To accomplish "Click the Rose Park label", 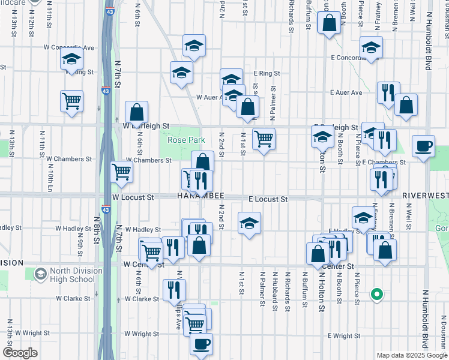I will pos(186,140).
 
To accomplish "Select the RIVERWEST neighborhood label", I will pos(425,196).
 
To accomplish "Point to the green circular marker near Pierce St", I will pos(377,295).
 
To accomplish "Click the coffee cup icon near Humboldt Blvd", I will pos(424,146).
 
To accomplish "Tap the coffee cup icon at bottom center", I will pos(202,344).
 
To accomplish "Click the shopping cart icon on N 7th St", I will pos(122,172).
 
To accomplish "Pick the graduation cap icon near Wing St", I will pos(71,59).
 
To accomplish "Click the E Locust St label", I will pos(268,199).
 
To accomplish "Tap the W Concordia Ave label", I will pos(68,47).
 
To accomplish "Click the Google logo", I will pos(20,353).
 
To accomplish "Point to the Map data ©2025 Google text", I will pos(411,355).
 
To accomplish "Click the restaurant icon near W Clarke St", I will pos(175,290).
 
